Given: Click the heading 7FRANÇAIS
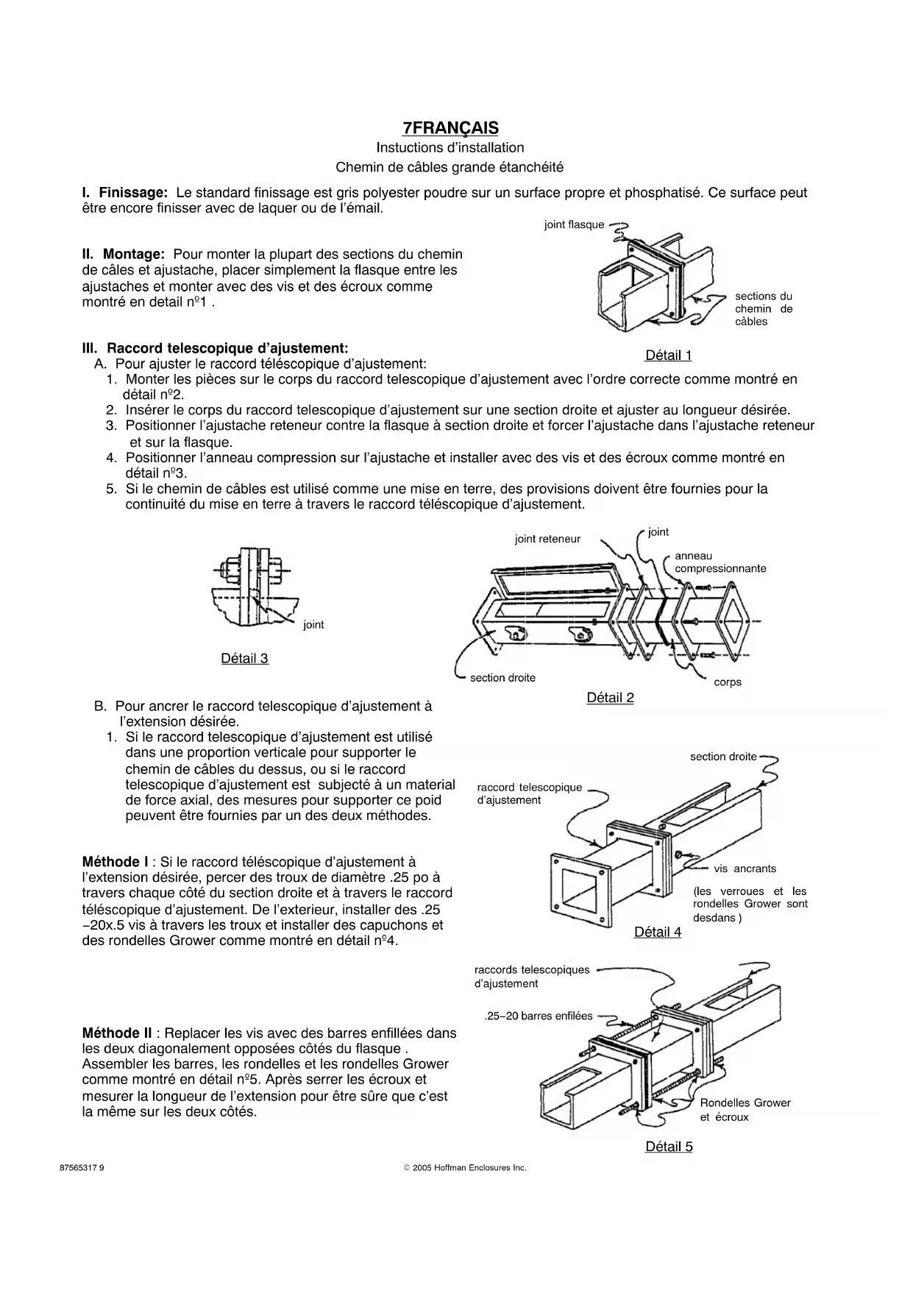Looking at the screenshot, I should pos(450,128).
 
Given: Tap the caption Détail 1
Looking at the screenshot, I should pos(668,356).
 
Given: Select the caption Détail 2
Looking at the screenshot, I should pos(610,698).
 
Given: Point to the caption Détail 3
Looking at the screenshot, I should pos(244,658).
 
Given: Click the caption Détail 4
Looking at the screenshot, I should pos(658,932).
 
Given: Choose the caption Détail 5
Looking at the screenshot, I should pos(669,1146).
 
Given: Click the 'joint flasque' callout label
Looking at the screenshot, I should pos(574,225).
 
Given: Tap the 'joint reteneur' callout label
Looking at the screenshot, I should pos(547,539).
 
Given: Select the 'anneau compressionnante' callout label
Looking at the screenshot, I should pos(720,562).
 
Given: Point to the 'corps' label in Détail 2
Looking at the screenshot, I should pos(728,682).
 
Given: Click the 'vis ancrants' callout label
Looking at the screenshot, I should pos(745,869).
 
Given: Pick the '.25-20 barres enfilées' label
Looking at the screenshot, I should pos(539,1016).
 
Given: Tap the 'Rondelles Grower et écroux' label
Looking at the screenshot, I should pos(745,1109).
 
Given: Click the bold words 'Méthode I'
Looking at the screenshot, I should pos(116,862).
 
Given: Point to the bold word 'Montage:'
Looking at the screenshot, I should pos(134,255).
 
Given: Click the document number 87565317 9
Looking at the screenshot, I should pos(82,1167).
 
